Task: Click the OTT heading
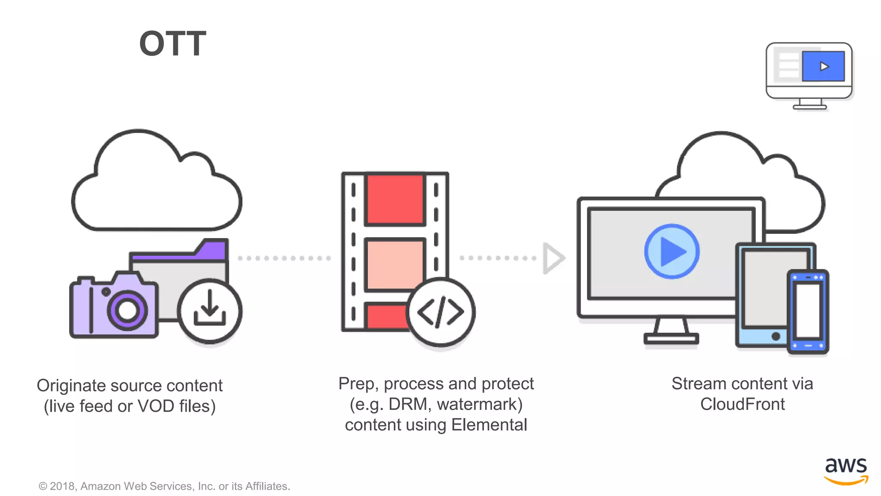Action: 173,43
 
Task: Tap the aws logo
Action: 846,470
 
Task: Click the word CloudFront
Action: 742,404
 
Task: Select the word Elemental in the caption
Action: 489,425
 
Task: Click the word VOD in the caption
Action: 156,406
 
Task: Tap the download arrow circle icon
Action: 209,311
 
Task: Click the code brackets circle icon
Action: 440,312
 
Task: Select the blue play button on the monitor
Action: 672,251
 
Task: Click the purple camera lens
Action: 127,310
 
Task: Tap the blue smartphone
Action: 808,312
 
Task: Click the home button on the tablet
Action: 776,336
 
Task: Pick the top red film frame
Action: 395,199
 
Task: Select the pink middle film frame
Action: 394,263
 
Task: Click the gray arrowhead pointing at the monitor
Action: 553,258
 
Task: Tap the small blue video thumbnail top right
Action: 823,66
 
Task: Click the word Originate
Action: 71,386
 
